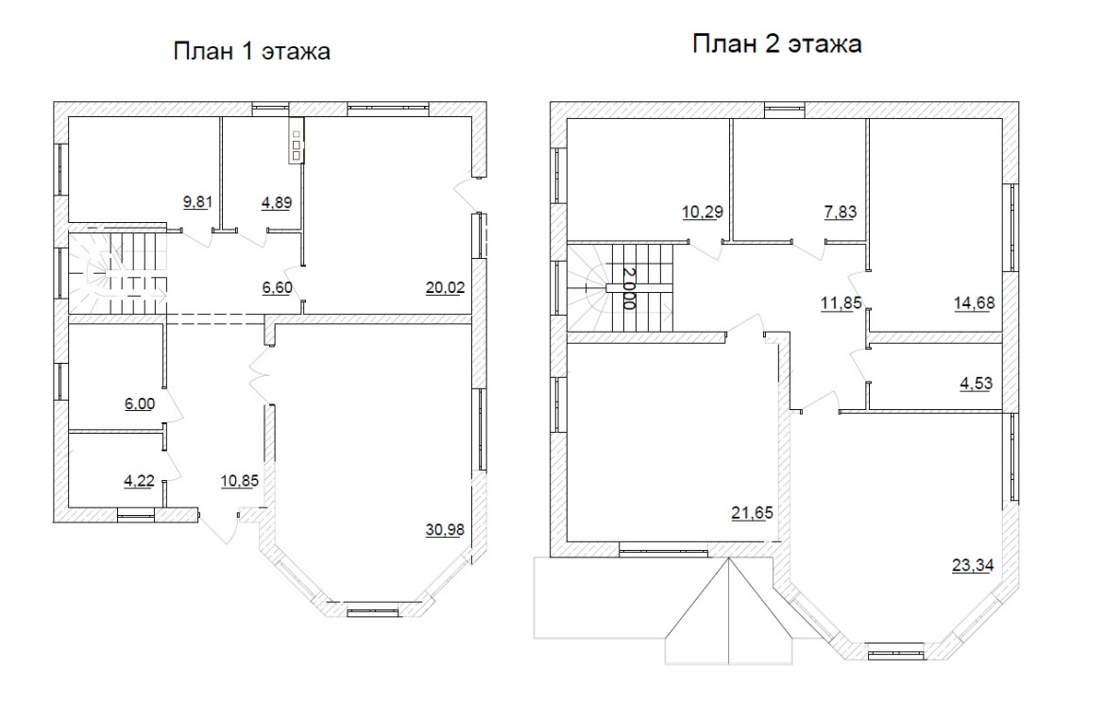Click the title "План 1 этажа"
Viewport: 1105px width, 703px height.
coord(251,51)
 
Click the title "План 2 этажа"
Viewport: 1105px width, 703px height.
coord(776,43)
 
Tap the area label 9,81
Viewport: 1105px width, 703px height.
coord(198,203)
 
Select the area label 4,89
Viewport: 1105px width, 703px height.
coord(277,203)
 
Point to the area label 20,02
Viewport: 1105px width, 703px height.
coord(446,287)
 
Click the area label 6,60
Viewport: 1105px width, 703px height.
coord(277,287)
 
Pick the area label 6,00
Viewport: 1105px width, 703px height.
coord(140,404)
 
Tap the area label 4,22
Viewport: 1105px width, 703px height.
coord(140,482)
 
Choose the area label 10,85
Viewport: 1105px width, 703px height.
coord(240,482)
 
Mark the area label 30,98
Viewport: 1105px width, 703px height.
coord(446,529)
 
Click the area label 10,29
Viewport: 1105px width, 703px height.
coord(703,212)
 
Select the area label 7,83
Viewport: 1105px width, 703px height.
coord(840,212)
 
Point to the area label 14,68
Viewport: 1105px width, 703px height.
coord(975,303)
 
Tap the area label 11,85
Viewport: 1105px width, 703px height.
coord(841,303)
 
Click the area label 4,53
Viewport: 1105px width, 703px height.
coord(976,384)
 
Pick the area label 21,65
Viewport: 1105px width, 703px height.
coord(752,513)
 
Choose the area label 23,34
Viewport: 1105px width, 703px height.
coord(973,565)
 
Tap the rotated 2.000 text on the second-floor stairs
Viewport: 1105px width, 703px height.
coord(629,288)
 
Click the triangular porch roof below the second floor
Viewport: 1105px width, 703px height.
coord(729,610)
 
